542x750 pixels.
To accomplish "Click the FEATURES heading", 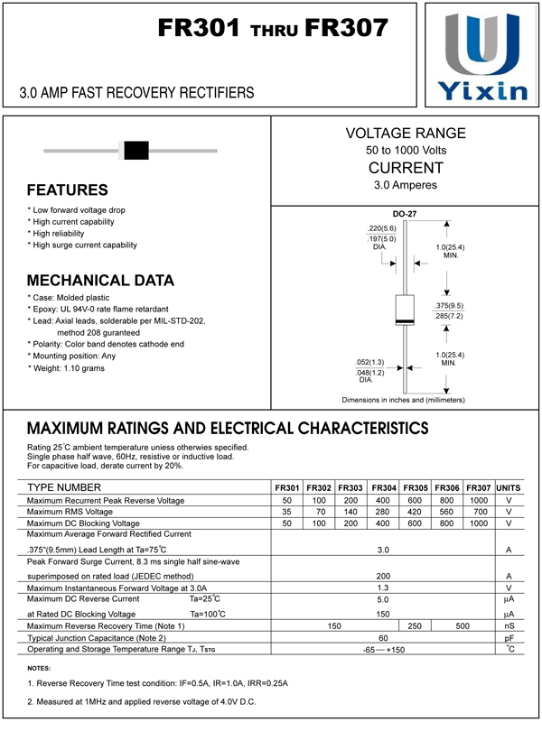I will (x=68, y=190).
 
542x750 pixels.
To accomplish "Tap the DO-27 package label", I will (x=404, y=214).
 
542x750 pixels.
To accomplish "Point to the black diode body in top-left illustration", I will (x=135, y=150).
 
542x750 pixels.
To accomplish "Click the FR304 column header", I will (x=384, y=487).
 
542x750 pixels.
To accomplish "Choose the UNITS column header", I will (x=509, y=487).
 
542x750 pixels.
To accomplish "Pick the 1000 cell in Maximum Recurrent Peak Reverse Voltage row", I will (x=479, y=500).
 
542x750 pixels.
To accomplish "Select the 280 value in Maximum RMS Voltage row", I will (x=383, y=512).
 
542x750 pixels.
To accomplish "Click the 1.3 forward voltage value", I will (x=383, y=588).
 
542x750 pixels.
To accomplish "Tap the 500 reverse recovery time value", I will (x=462, y=625).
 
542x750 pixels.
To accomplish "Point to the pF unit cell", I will (x=509, y=637).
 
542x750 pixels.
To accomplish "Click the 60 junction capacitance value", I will (x=383, y=637).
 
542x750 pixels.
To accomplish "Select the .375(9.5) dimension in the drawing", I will (x=448, y=306).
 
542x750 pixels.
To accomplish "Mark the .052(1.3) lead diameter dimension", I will (x=370, y=362).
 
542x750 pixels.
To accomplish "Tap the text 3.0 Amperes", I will (x=406, y=185).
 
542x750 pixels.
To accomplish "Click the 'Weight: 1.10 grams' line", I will (x=69, y=368).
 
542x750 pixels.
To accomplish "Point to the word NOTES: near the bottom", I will (x=39, y=667).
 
